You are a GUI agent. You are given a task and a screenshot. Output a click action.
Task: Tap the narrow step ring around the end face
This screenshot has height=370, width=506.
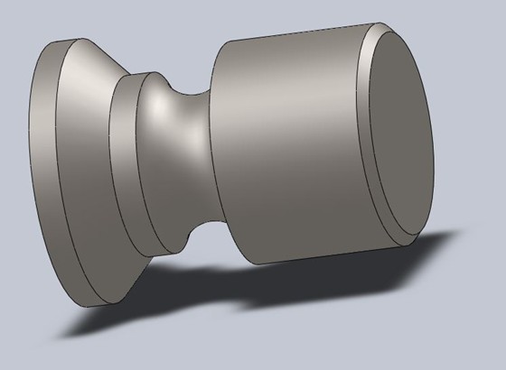[x=365, y=135]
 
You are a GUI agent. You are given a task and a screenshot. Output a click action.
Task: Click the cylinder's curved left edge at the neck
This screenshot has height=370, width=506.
[x=211, y=153]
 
